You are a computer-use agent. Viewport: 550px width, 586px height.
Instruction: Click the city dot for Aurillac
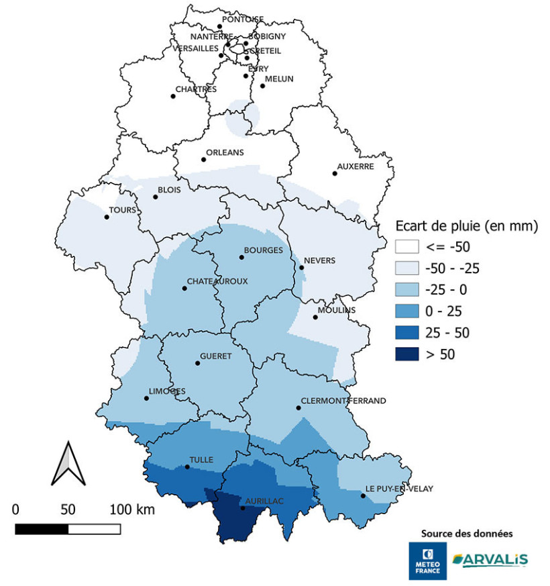pyautogui.click(x=243, y=507)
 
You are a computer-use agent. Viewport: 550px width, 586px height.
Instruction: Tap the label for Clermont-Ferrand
pyautogui.click(x=343, y=401)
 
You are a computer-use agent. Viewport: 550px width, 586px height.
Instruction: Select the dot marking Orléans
pyautogui.click(x=203, y=159)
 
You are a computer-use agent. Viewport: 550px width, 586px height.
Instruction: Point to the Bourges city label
pyautogui.click(x=263, y=250)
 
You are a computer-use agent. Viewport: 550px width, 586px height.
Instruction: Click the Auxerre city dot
pyautogui.click(x=334, y=173)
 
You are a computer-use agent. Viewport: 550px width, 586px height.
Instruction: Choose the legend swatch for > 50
pyautogui.click(x=406, y=354)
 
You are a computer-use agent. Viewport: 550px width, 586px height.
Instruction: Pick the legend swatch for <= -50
pyautogui.click(x=406, y=246)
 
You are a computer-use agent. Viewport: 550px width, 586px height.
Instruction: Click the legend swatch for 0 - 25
pyautogui.click(x=406, y=311)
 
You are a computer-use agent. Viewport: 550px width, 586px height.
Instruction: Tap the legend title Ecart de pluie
pyautogui.click(x=465, y=226)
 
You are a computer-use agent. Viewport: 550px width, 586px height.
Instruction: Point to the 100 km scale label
pyautogui.click(x=132, y=509)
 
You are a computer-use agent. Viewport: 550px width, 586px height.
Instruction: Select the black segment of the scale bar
pyautogui.click(x=42, y=529)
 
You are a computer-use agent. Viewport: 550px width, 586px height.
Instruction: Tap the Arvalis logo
pyautogui.click(x=490, y=559)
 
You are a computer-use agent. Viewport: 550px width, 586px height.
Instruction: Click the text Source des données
pyautogui.click(x=467, y=534)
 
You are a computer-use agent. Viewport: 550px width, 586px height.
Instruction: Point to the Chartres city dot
pyautogui.click(x=173, y=96)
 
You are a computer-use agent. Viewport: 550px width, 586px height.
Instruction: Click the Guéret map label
pyautogui.click(x=215, y=356)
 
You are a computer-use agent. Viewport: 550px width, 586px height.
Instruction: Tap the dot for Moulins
pyautogui.click(x=315, y=317)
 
